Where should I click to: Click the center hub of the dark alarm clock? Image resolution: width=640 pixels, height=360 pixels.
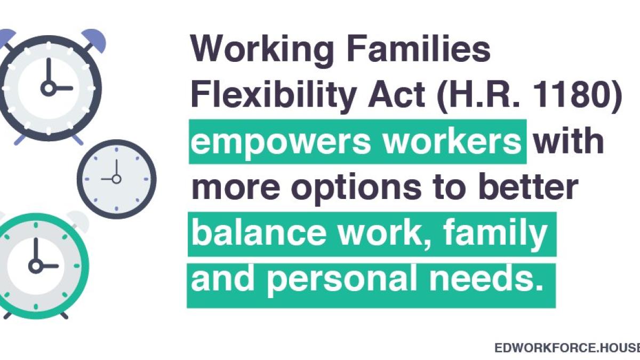pyautogui.click(x=48, y=88)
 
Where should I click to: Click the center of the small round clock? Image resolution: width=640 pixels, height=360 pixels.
pyautogui.click(x=116, y=179)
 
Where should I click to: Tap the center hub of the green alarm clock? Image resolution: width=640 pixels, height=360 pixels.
pyautogui.click(x=36, y=265)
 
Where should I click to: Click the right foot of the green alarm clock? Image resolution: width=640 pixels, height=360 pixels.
pyautogui.click(x=64, y=315)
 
